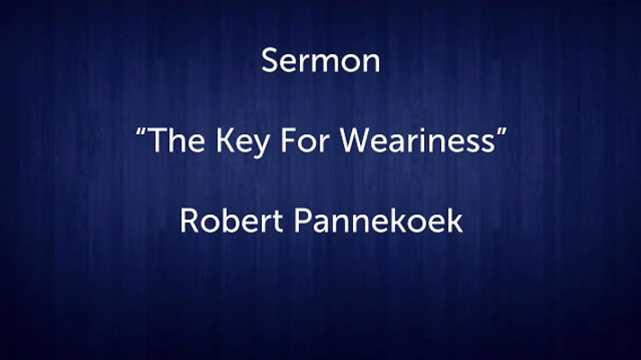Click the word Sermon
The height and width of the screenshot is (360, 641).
point(320,60)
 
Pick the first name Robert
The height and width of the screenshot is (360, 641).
point(231,220)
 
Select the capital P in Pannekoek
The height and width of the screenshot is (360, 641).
point(302,220)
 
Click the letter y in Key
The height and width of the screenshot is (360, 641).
point(261,146)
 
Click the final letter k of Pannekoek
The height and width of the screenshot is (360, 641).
point(455,220)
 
